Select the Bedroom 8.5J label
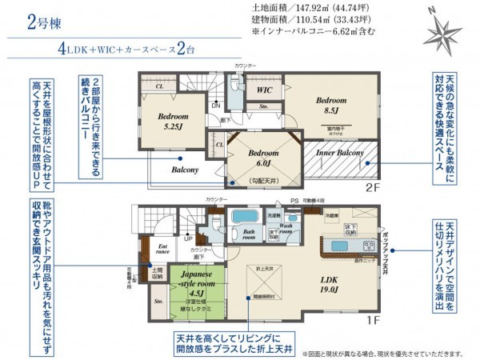pyautogui.click(x=330, y=106)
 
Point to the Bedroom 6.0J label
pyautogui.click(x=262, y=157)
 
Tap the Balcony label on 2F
pyautogui.click(x=185, y=170)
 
